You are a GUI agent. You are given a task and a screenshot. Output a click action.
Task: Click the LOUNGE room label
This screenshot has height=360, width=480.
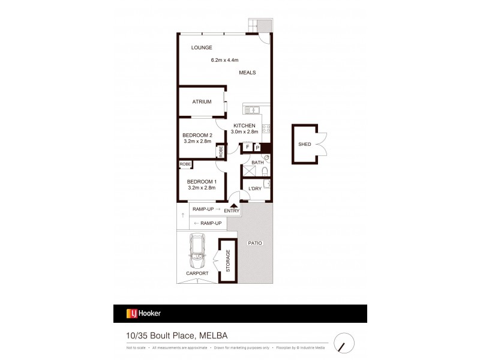click(202, 48)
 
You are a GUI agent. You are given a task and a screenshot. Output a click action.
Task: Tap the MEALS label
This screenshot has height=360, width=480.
click(247, 73)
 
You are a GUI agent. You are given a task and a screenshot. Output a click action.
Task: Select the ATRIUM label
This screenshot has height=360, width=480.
click(202, 102)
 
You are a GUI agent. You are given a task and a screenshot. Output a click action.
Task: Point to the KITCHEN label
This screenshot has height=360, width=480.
click(244, 125)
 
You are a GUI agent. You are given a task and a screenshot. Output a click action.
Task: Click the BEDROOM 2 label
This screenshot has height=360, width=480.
click(197, 134)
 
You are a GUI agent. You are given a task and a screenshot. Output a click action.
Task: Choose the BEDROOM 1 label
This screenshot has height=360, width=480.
click(201, 182)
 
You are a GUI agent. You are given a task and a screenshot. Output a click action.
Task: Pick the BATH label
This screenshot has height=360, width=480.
click(257, 163)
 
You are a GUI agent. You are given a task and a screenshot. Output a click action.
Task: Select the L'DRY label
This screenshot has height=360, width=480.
click(255, 190)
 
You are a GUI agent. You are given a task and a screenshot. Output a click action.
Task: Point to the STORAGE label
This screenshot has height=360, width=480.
click(228, 260)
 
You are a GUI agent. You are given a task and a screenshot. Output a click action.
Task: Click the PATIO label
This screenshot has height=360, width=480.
click(255, 243)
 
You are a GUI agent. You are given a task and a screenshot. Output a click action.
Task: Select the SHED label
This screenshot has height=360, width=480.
click(304, 145)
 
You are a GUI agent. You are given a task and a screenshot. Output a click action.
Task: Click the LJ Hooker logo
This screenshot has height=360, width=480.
click(143, 313)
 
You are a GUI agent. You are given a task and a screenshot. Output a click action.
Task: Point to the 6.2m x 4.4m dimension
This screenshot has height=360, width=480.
click(225, 60)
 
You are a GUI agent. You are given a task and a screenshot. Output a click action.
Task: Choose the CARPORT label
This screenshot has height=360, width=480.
click(197, 274)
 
